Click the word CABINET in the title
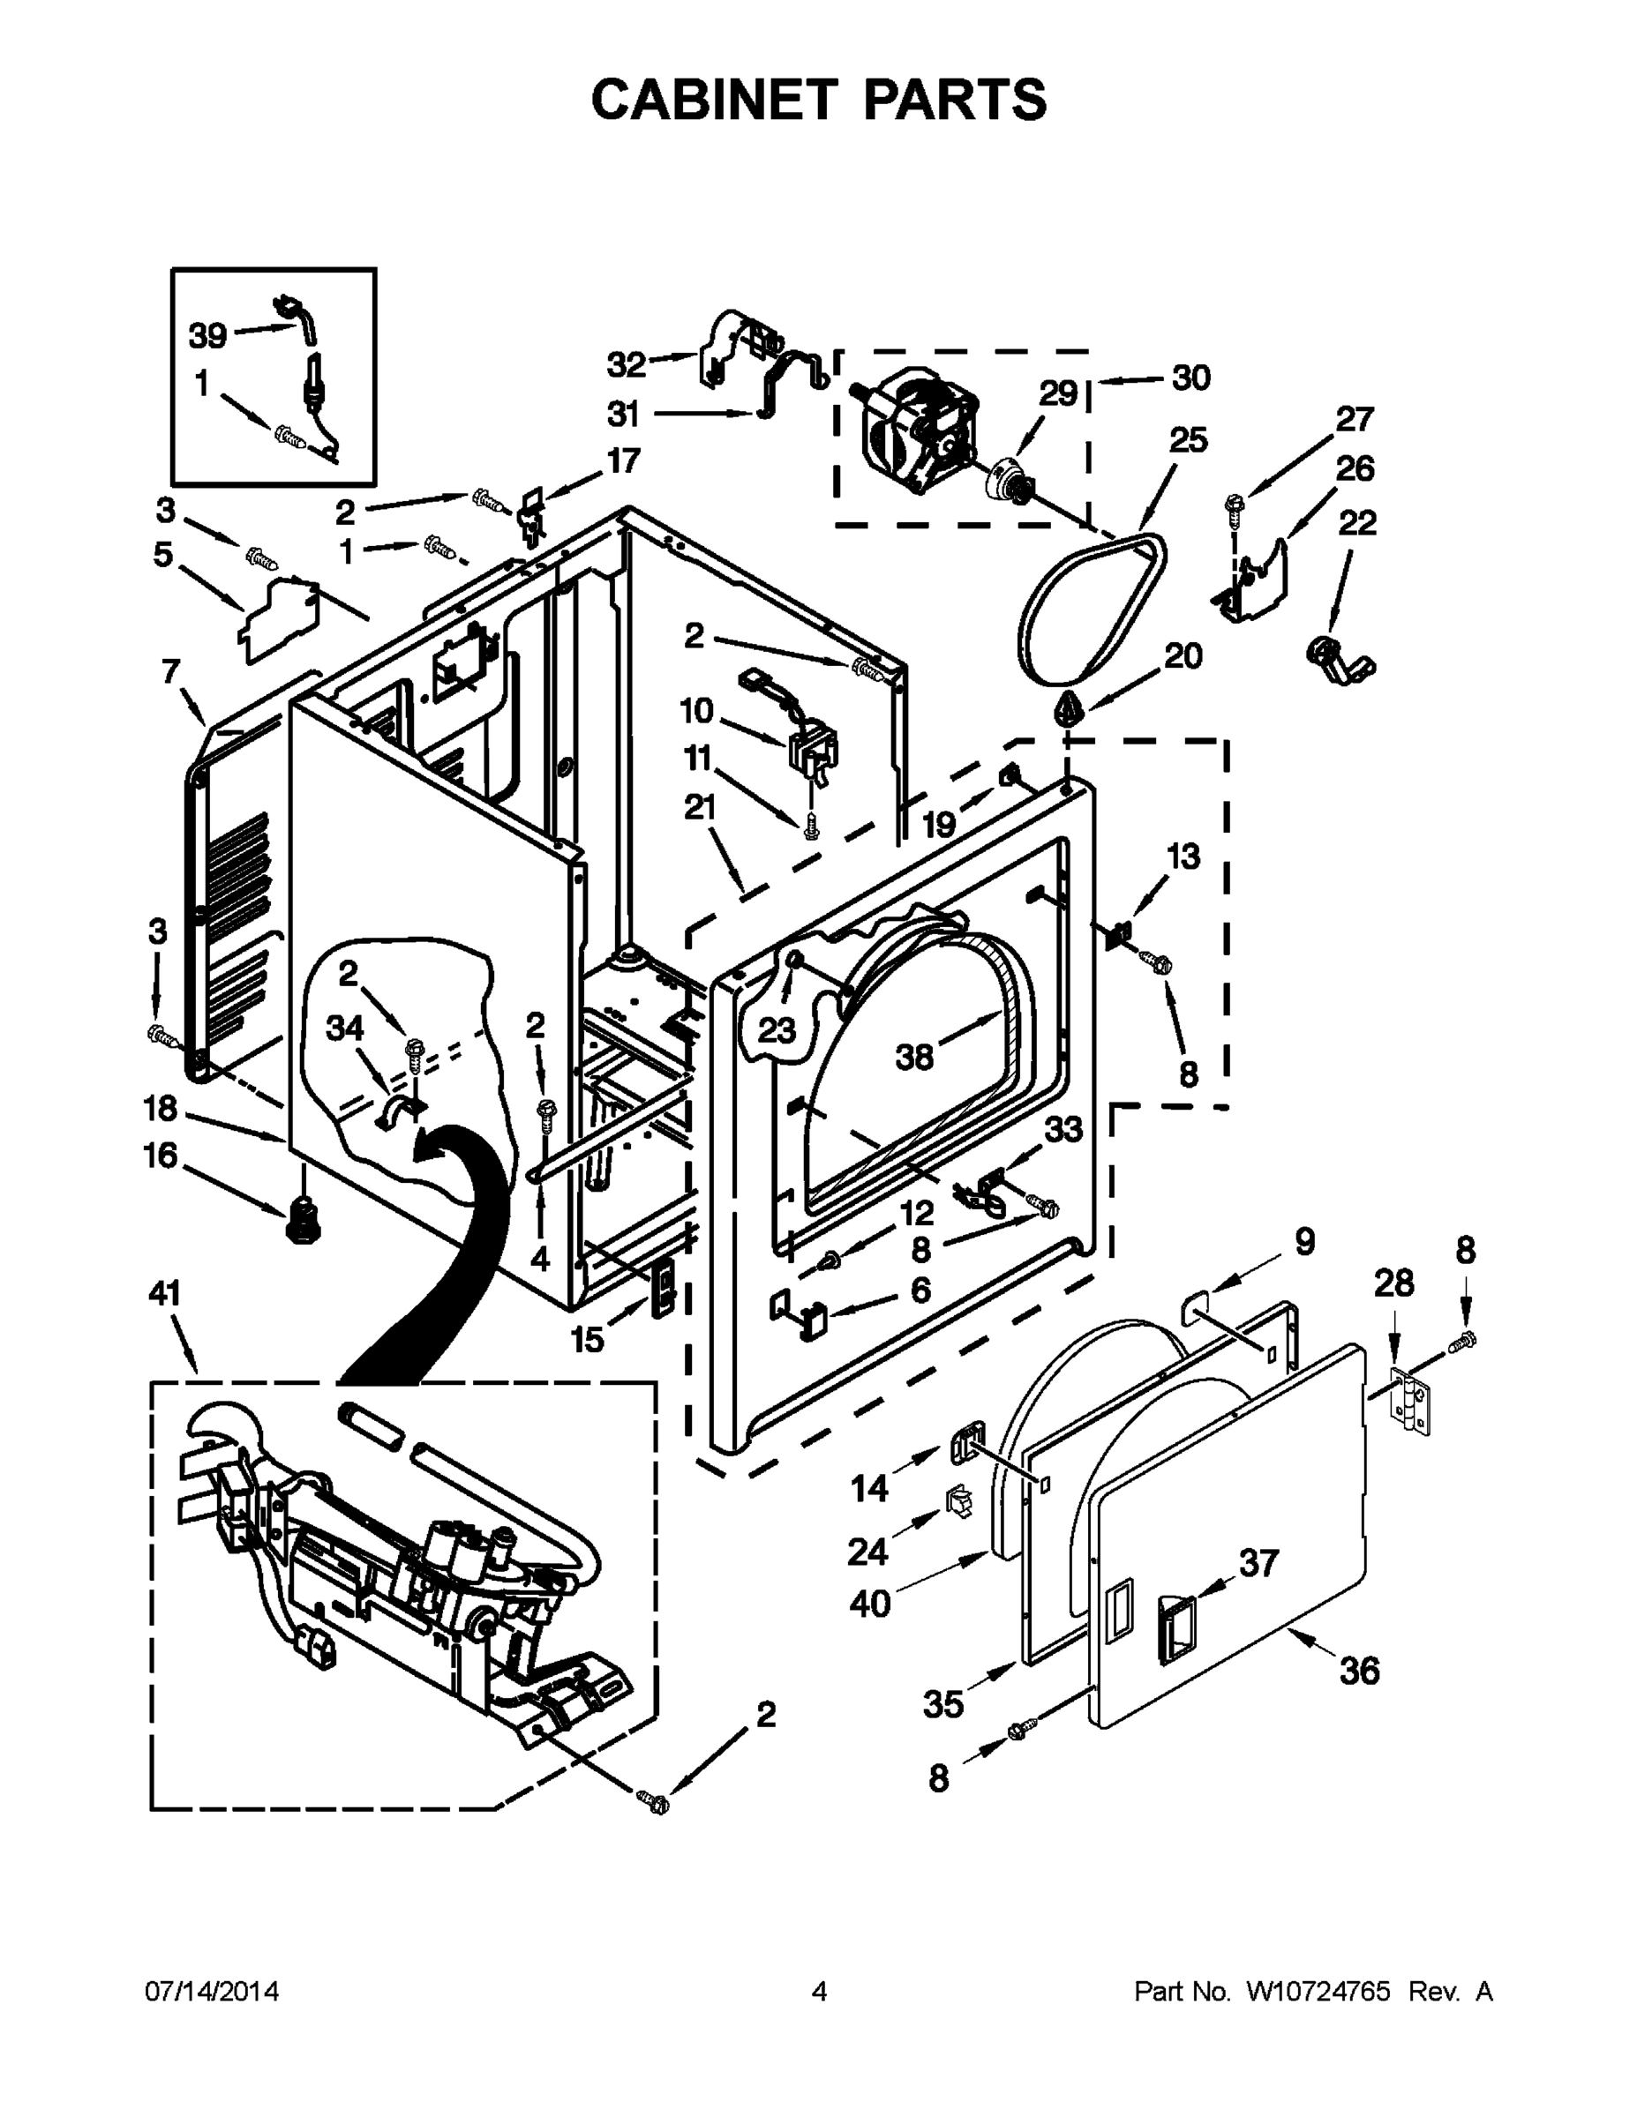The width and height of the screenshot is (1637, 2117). (714, 100)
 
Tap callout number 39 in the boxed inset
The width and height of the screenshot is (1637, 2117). (207, 336)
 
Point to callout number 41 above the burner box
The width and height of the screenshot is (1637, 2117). (164, 1293)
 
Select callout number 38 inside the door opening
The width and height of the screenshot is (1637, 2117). (913, 1057)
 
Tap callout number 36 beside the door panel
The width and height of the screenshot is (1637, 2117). (1359, 1670)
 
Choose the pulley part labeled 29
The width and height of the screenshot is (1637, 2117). (1008, 480)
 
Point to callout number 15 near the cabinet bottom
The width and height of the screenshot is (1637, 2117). (587, 1340)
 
